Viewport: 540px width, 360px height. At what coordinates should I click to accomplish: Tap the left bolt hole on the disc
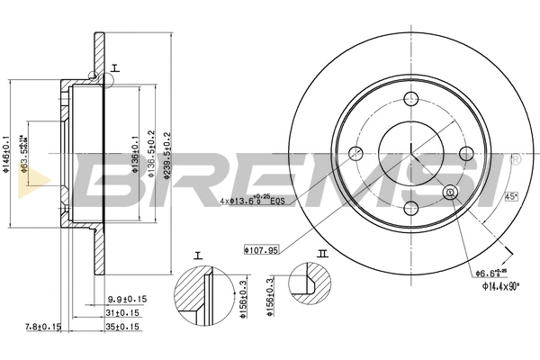(x=355, y=152)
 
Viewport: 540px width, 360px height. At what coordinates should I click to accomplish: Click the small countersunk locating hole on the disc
(x=451, y=192)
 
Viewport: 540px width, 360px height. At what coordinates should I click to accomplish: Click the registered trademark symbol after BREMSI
(x=516, y=160)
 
